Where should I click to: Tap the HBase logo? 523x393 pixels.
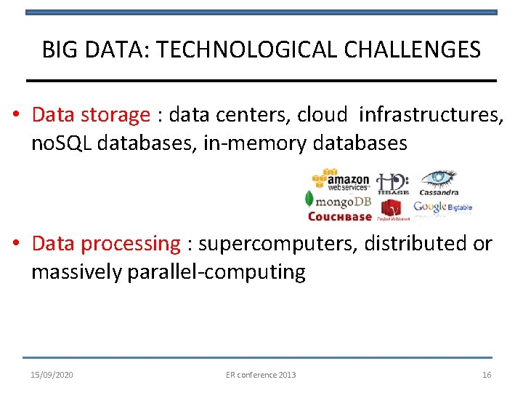[x=393, y=183]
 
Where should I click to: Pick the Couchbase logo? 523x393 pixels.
[x=339, y=216]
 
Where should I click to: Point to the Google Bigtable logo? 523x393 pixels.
[x=442, y=207]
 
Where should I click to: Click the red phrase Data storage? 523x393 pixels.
[x=91, y=115]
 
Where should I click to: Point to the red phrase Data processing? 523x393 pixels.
[x=106, y=244]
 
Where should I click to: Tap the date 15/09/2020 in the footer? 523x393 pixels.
[x=52, y=375]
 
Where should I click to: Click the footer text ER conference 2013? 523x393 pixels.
[x=261, y=375]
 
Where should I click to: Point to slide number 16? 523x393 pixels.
[x=487, y=375]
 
